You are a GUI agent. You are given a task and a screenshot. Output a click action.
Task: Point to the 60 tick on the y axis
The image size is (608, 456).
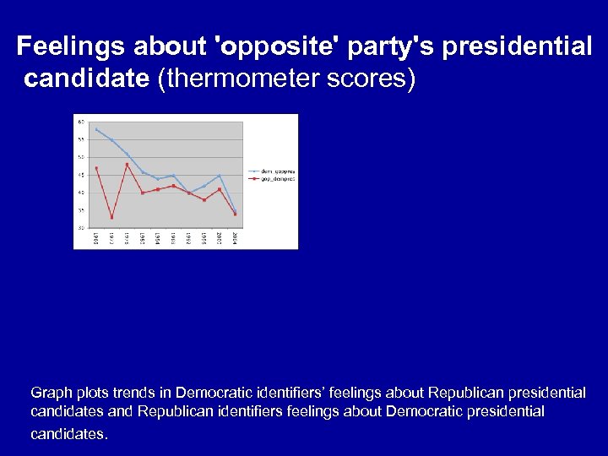(81, 122)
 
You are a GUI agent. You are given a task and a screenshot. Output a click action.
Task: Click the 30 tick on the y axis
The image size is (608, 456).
(81, 228)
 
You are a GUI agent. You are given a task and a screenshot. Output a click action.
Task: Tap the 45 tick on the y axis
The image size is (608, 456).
(81, 175)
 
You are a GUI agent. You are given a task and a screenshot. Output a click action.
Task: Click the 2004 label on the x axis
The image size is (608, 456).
(235, 239)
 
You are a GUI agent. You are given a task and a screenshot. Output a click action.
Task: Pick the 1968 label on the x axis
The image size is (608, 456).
(97, 239)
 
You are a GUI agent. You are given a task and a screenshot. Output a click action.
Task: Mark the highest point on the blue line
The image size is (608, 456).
(96, 129)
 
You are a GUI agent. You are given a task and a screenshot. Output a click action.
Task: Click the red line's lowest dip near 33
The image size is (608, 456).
(111, 218)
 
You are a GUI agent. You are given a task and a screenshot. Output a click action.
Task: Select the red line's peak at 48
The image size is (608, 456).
(127, 164)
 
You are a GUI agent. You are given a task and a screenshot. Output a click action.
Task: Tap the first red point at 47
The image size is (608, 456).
(96, 168)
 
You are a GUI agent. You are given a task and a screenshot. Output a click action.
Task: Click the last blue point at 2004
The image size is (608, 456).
(235, 211)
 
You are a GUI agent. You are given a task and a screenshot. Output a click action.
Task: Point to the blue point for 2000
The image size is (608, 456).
(220, 176)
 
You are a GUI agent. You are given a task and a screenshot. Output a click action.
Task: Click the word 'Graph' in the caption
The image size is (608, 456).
(50, 393)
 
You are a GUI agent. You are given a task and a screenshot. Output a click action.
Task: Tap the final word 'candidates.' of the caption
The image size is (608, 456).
(69, 434)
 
